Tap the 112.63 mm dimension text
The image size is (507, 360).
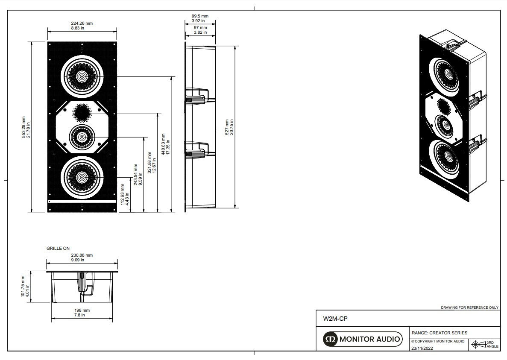pos(124,195)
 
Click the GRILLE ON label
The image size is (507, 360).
pos(58,248)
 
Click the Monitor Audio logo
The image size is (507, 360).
pos(362,339)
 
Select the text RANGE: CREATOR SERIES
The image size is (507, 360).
pos(439,333)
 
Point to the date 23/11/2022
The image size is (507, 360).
pos(422,348)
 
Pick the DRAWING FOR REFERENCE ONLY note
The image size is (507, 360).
pos(469,307)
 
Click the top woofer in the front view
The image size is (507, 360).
pos(82,76)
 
